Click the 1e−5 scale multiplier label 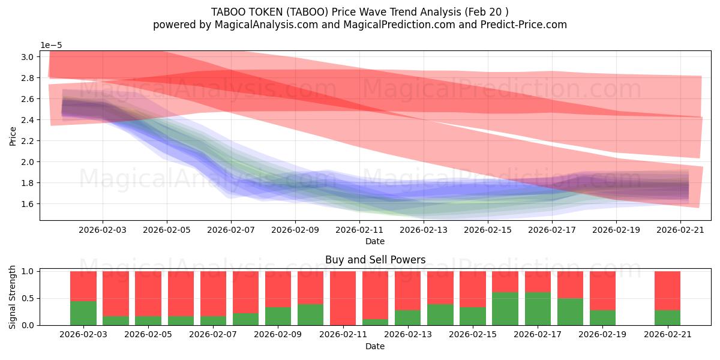point(52,45)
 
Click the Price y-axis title point(13,136)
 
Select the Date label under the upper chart point(375,241)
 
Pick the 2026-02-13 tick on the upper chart point(424,229)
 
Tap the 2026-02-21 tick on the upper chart point(680,229)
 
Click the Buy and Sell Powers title point(375,260)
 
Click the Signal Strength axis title point(13,298)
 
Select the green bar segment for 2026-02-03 point(83,313)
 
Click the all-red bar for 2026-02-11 point(343,298)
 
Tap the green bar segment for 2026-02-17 point(538,308)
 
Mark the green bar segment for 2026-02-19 point(602,317)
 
